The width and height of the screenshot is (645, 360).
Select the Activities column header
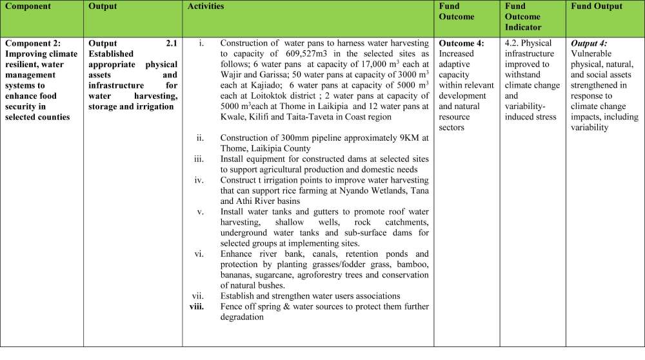click(x=206, y=6)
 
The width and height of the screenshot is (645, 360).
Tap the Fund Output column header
click(x=597, y=6)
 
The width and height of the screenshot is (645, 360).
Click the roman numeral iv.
click(x=199, y=179)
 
